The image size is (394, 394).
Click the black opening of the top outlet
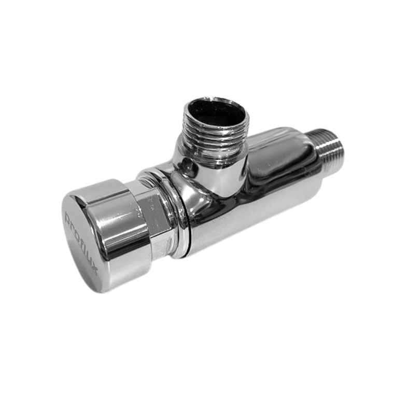point(217,110)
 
